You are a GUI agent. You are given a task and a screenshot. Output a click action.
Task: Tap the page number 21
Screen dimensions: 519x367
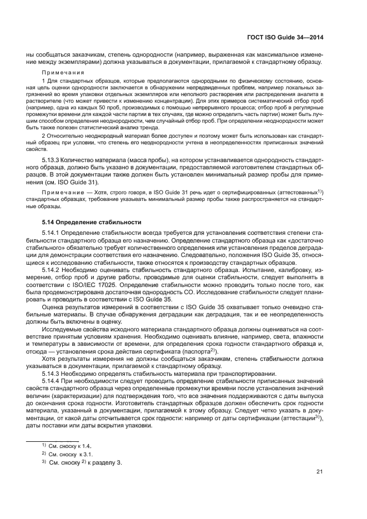pyautogui.click(x=320, y=472)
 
